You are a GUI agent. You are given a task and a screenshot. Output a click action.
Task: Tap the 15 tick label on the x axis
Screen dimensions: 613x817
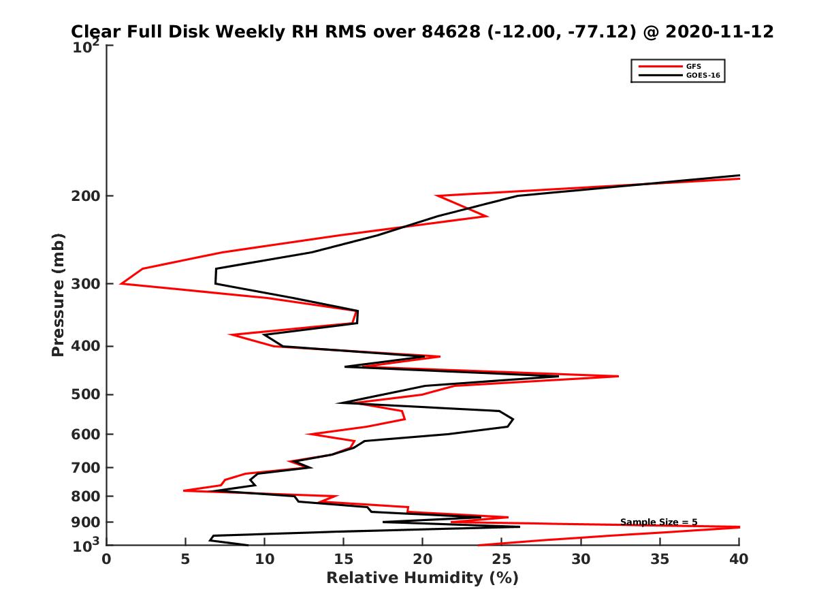coord(343,559)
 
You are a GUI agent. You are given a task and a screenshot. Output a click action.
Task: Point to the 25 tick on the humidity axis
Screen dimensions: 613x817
coord(501,559)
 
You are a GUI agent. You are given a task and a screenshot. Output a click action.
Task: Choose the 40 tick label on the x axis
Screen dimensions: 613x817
coord(739,559)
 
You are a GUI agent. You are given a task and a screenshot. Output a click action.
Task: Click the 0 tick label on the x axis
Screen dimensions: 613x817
coord(106,559)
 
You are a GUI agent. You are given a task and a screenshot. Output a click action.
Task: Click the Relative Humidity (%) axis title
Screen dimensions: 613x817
coord(422,578)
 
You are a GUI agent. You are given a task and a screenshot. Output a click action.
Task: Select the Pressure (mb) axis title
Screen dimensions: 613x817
coord(58,295)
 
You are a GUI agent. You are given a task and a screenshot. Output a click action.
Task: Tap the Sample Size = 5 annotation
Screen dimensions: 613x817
coord(658,522)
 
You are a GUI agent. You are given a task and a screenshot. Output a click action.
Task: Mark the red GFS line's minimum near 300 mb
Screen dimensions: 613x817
coord(121,283)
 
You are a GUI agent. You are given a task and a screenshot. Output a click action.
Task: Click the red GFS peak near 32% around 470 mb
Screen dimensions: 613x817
coord(618,376)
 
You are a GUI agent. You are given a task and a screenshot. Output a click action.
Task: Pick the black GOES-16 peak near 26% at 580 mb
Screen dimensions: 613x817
coord(513,421)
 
